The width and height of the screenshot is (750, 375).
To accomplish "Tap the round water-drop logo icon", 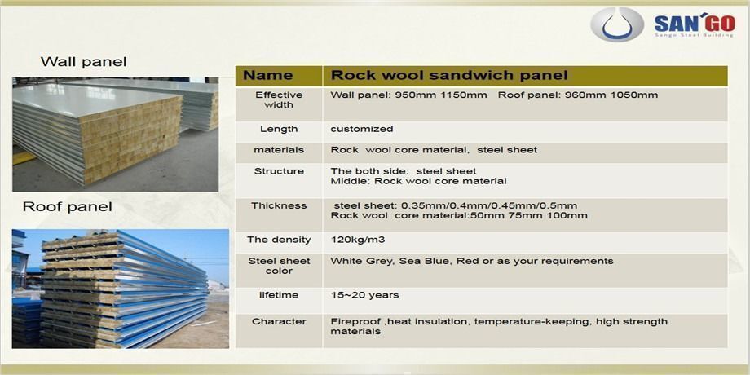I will [617, 24].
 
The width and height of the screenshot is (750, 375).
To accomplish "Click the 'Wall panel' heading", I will [84, 62].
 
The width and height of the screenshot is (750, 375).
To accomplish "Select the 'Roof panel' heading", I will [67, 207].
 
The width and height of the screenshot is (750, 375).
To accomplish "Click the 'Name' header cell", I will [267, 76].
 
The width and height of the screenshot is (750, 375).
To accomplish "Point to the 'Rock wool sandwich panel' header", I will [448, 76].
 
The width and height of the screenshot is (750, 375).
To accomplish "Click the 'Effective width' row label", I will [279, 99].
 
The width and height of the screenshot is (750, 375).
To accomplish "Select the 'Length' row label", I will [279, 129].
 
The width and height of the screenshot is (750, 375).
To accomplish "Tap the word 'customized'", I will [362, 129].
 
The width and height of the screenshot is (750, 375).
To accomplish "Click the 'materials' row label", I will [279, 150].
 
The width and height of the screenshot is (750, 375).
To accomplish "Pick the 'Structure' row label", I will [279, 171].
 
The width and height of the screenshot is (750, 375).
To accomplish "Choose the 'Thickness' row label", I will [279, 205].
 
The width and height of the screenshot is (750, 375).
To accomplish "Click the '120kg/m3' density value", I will [357, 240].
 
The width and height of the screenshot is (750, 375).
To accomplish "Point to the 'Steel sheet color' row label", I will [279, 266].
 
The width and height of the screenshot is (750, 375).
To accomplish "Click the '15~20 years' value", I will [364, 294].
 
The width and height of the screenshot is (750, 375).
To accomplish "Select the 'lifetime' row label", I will [279, 294].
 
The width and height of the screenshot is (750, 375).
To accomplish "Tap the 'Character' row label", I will [279, 321].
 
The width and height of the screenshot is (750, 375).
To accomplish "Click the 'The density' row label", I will [279, 240].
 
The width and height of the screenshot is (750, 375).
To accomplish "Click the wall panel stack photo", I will [115, 133].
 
